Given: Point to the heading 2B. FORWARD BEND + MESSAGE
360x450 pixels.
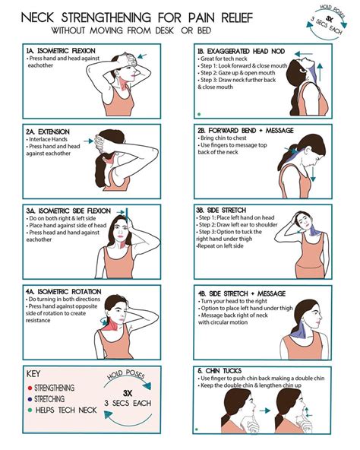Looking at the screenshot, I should tap(242, 130).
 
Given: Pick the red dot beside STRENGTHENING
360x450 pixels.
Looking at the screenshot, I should tap(29, 387).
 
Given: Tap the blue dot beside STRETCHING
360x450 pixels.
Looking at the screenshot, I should tap(29, 398).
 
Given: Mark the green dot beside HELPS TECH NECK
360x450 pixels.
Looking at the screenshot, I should tap(29, 410).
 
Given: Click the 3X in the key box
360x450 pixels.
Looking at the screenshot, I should tap(128, 395).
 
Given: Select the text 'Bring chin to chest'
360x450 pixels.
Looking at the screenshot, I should tap(229, 138).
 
